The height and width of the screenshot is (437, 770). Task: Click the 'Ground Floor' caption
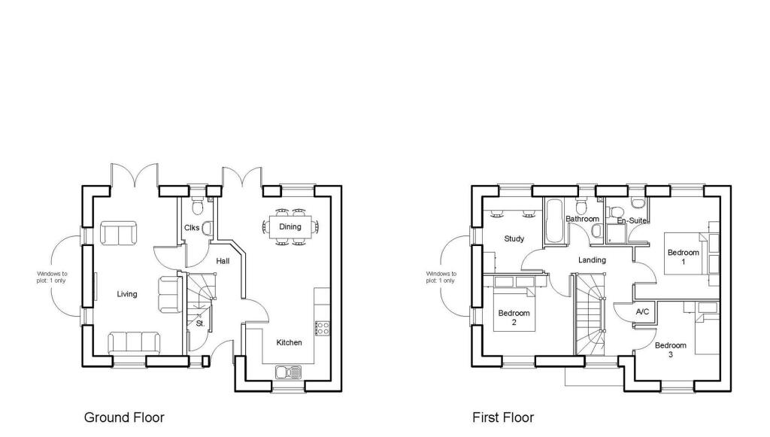tap(123, 417)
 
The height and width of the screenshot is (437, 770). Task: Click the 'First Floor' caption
tap(503, 417)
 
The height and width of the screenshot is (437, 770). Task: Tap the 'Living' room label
tap(127, 294)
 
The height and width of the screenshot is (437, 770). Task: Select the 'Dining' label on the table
tap(290, 226)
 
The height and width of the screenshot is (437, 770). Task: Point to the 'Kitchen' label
tap(289, 343)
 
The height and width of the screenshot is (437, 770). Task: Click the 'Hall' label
tap(223, 261)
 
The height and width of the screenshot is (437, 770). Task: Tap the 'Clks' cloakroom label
tap(191, 228)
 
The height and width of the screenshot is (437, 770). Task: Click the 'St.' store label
tap(200, 323)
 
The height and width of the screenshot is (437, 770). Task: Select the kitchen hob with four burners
tap(322, 327)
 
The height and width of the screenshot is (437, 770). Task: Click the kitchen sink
tap(289, 372)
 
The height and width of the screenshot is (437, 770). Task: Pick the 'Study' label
tap(514, 239)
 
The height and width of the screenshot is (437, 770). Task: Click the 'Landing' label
tap(592, 260)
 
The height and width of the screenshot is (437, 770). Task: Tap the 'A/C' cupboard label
tap(642, 311)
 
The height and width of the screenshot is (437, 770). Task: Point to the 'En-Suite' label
tap(632, 220)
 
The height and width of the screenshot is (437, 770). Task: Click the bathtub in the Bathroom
tap(554, 221)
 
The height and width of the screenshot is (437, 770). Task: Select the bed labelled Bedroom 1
tap(684, 256)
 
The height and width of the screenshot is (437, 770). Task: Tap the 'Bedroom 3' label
tap(670, 350)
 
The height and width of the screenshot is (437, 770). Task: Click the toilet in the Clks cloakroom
tap(199, 205)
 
